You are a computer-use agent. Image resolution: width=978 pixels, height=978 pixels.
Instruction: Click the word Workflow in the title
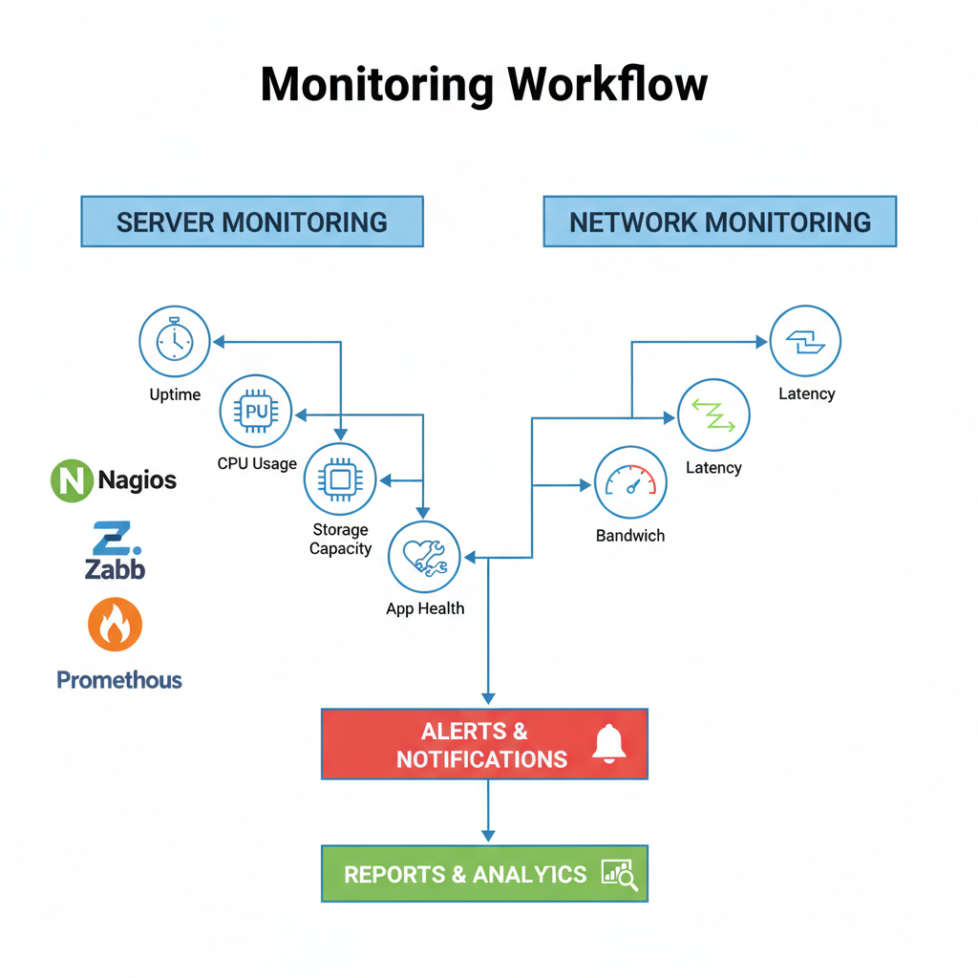(607, 85)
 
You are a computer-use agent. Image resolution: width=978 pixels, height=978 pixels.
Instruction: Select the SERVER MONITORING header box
(252, 222)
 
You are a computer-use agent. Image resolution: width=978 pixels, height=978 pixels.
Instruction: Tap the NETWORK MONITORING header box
(720, 222)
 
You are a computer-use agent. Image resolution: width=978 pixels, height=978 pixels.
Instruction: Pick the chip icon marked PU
(256, 412)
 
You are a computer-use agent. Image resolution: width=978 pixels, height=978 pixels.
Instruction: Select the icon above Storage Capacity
(340, 479)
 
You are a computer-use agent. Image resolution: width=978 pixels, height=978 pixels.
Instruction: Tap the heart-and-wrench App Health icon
(424, 557)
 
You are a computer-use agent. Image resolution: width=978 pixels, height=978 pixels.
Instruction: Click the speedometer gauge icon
(630, 482)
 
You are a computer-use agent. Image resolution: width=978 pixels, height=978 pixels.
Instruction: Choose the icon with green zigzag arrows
(713, 415)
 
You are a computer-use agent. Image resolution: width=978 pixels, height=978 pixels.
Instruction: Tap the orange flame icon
(115, 626)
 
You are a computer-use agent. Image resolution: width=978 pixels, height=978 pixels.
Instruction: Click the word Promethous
(119, 680)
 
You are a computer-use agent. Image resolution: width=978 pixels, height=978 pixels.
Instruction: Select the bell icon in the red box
(608, 743)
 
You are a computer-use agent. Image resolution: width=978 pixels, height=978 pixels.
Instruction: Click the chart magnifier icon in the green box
(620, 873)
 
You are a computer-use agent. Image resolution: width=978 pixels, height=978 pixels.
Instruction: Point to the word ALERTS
(463, 732)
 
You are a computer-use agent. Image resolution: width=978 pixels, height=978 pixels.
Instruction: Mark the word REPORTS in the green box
(394, 874)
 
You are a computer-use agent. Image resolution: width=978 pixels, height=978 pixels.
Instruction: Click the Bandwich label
(630, 536)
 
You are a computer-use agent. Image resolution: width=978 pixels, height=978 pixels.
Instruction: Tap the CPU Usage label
(257, 464)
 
